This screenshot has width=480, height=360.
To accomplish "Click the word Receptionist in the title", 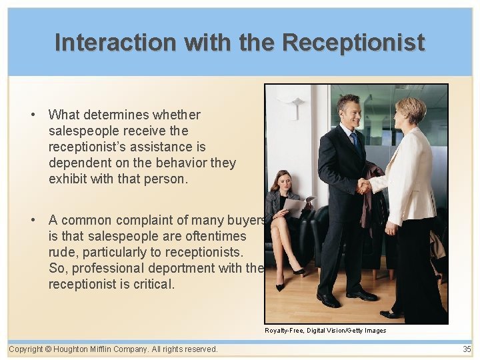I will [353, 43].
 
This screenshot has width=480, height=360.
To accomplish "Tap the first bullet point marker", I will [33, 115].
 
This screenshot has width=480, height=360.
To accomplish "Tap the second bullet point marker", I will [33, 220].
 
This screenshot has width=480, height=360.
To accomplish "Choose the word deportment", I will [180, 268].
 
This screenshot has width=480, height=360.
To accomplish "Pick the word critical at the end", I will [153, 284].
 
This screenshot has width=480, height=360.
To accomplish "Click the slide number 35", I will [467, 349].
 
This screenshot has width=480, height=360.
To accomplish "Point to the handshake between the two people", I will [363, 186].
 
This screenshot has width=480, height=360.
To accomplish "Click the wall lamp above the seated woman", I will [293, 101].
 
